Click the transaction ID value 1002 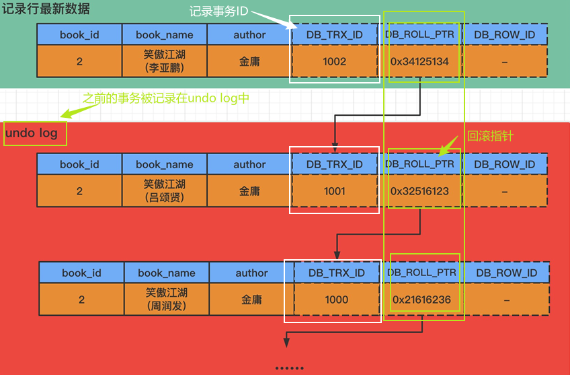[x=334, y=62]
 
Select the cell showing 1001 [x=334, y=191]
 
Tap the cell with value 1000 [x=336, y=300]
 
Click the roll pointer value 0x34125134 [x=419, y=62]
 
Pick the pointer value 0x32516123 [x=419, y=191]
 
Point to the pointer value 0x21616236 [x=421, y=300]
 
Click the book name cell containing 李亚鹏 [x=165, y=62]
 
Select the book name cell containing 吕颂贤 [x=165, y=191]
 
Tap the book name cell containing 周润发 [x=167, y=300]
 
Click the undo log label [x=31, y=133]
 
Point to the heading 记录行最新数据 [x=46, y=10]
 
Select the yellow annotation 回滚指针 [x=489, y=137]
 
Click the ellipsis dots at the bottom [x=289, y=368]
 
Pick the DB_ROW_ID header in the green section [x=504, y=34]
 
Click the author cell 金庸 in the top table [x=249, y=62]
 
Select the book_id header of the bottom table [x=81, y=273]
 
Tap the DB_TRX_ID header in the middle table [x=334, y=164]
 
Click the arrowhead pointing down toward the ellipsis [x=286, y=343]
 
